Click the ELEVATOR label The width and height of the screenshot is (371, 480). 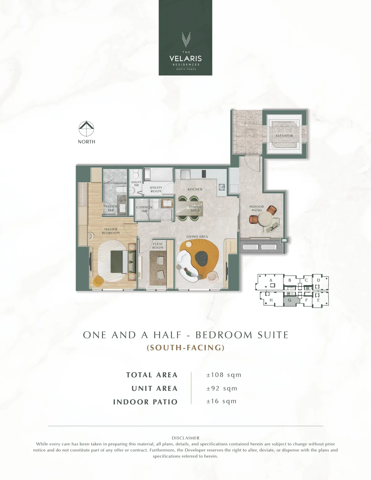[x=284, y=136]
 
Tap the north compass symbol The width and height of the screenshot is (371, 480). [x=86, y=129]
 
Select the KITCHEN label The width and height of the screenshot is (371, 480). [x=195, y=189]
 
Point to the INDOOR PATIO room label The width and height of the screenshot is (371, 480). [x=257, y=208]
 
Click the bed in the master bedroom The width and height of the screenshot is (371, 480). [x=123, y=262]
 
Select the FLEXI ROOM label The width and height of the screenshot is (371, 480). [x=158, y=246]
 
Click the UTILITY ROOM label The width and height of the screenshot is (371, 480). [x=156, y=189]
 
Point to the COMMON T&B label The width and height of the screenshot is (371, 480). [x=144, y=209]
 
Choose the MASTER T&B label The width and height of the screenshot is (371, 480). [x=111, y=208]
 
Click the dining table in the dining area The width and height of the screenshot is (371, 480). [x=189, y=208]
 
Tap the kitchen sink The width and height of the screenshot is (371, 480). [x=222, y=187]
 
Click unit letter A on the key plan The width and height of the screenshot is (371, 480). [x=271, y=280]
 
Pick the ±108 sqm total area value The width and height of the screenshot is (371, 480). [x=224, y=375]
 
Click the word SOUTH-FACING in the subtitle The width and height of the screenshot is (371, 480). [x=185, y=348]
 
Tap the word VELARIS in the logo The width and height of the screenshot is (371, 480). [x=185, y=58]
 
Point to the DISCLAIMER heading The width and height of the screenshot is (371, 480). [x=185, y=438]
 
